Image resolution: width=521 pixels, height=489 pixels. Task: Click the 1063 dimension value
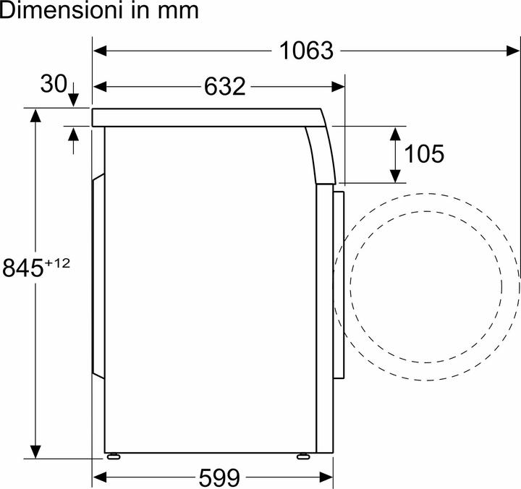point(307,51)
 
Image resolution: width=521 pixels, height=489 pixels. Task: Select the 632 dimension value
point(224,86)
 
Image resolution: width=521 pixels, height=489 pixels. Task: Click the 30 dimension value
point(54,85)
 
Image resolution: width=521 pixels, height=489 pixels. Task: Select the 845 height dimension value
point(23,268)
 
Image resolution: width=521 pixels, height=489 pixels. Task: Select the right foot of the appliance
point(303,456)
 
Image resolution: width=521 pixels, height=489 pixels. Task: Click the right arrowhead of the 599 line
point(326,477)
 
